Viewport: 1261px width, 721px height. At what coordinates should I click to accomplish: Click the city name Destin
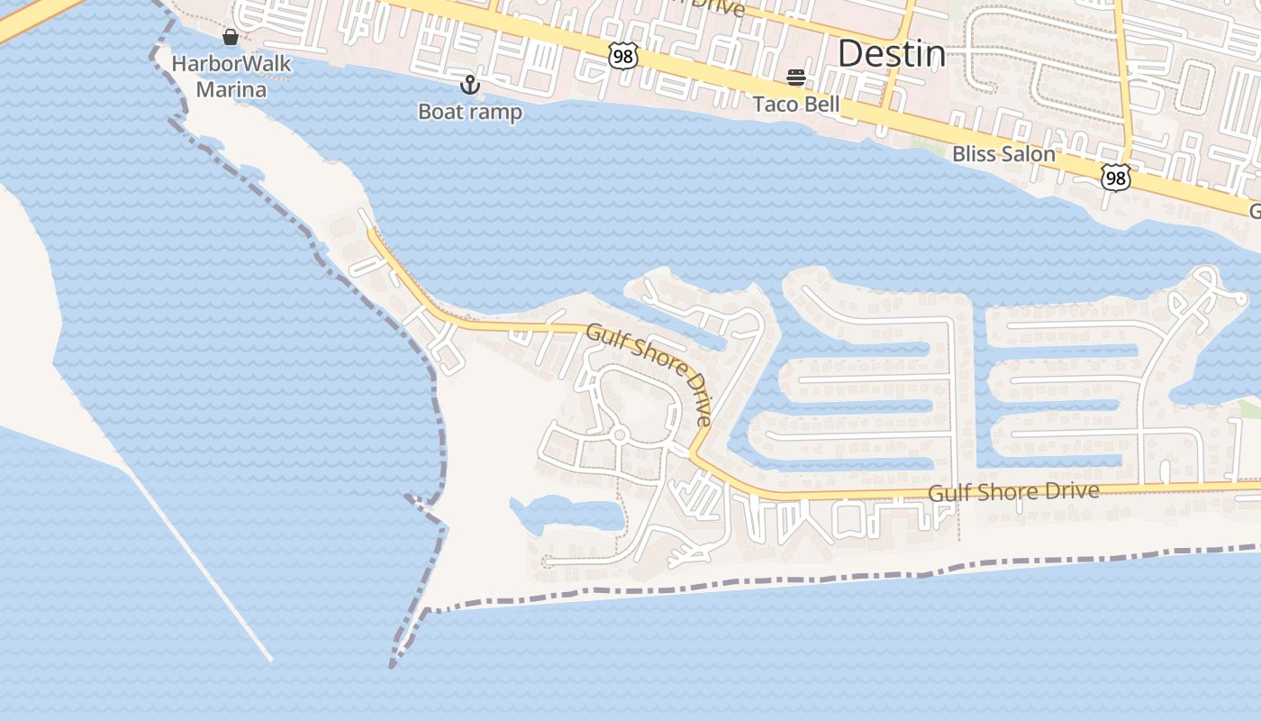click(x=892, y=54)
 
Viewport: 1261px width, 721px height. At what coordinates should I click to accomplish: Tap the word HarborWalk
click(x=231, y=64)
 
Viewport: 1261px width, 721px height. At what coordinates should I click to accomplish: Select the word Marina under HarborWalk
click(x=231, y=89)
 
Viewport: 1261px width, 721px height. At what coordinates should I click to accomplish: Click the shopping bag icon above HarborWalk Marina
click(x=231, y=37)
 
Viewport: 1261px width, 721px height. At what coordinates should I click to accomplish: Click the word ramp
click(x=496, y=113)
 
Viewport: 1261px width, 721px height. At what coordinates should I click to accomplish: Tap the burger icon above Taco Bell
click(x=795, y=78)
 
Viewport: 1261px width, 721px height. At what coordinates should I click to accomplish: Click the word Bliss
click(x=978, y=154)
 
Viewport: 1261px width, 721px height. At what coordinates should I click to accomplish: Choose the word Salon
click(x=1031, y=154)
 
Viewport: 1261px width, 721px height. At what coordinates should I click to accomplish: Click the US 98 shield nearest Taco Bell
click(x=622, y=57)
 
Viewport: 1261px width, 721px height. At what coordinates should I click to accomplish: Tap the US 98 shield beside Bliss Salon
click(x=1115, y=178)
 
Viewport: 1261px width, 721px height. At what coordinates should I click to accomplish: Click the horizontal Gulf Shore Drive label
click(x=1013, y=492)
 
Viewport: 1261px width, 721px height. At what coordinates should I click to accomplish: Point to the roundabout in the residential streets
click(x=619, y=435)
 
